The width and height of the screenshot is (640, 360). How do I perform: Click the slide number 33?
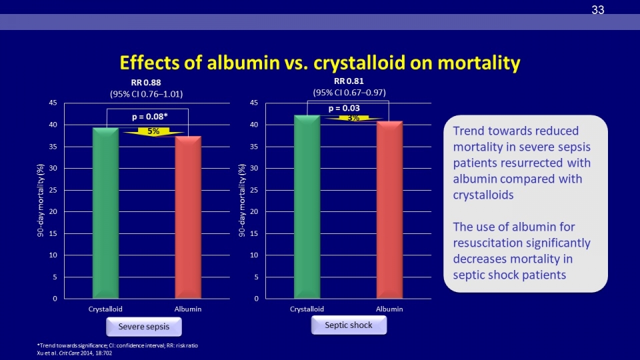(x=597, y=10)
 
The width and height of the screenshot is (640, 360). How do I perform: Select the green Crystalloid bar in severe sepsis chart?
(x=106, y=213)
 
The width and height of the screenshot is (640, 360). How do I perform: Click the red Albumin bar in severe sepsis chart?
(x=188, y=217)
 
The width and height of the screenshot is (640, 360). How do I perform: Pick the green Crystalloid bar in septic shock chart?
(x=307, y=207)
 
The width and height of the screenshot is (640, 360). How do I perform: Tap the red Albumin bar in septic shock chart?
(x=389, y=210)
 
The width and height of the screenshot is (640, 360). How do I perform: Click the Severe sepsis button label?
(x=144, y=327)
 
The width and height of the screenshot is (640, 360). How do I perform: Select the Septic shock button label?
(x=349, y=325)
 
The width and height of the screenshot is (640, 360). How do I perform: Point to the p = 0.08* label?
(x=150, y=117)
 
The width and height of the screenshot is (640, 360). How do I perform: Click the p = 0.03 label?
(x=344, y=108)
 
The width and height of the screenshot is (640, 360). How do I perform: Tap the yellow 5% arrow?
(x=153, y=131)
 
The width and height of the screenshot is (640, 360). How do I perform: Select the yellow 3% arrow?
(x=353, y=118)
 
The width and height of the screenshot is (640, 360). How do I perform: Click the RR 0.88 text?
(x=146, y=83)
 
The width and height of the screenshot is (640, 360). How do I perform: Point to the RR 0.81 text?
(x=349, y=81)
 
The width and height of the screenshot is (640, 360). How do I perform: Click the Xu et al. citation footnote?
(x=74, y=353)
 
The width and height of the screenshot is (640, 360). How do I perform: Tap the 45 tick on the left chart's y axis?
(x=53, y=103)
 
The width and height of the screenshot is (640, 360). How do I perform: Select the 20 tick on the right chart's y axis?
(x=254, y=211)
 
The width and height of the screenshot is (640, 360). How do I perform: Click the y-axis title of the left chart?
(x=40, y=201)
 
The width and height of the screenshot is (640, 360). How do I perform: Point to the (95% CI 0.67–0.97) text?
(x=349, y=93)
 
